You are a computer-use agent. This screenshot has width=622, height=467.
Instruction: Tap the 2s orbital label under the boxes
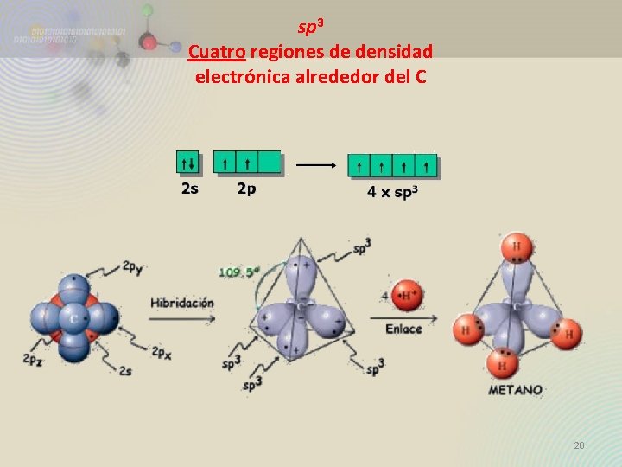click(x=189, y=188)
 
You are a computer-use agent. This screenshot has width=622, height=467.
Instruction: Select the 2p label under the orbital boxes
click(x=246, y=188)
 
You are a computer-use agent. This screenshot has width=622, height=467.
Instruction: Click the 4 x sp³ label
click(x=392, y=192)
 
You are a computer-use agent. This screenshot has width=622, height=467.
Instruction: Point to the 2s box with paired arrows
click(x=187, y=162)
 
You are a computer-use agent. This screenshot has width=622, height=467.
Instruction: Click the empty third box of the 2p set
click(x=270, y=162)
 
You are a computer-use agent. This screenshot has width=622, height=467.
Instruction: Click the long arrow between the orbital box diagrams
click(x=315, y=164)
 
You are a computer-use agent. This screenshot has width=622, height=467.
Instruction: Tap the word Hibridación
click(x=182, y=303)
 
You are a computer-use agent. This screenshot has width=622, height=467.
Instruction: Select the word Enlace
click(x=403, y=329)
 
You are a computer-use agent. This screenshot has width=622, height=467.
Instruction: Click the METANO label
click(x=516, y=390)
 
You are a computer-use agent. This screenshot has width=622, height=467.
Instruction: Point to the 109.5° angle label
click(x=239, y=272)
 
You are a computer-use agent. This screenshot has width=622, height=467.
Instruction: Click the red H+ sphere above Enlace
click(x=407, y=297)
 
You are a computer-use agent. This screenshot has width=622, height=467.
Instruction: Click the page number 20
click(x=579, y=445)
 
